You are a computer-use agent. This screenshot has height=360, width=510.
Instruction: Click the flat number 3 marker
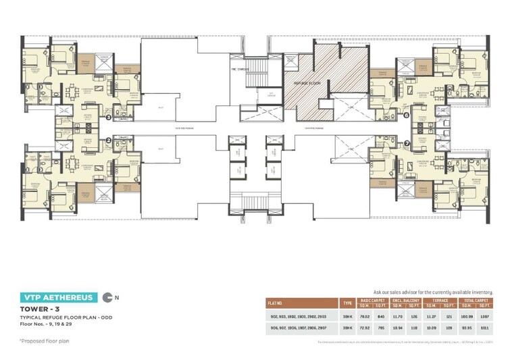(x=109, y=118)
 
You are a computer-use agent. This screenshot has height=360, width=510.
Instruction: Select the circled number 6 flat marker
(x=406, y=115)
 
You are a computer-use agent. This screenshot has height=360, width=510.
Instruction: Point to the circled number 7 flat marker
(x=406, y=143)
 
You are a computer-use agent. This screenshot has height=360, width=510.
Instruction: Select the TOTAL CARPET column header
(x=476, y=299)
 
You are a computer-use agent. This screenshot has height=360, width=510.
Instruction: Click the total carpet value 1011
(x=484, y=329)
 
